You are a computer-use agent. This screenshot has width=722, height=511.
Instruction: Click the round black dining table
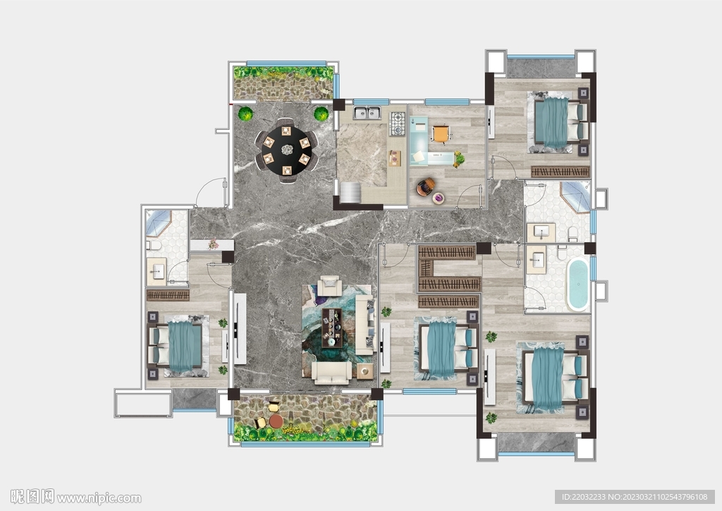click(287, 150)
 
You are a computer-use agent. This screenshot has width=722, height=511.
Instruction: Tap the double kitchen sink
click(367, 112)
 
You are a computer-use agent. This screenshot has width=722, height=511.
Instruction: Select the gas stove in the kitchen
click(398, 124)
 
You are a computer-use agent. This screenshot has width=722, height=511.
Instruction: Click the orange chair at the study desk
click(440, 133)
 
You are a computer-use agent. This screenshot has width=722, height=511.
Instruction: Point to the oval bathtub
click(578, 284)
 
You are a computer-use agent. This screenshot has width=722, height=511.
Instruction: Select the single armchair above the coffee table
click(330, 286)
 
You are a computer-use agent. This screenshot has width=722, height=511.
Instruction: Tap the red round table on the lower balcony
click(276, 421)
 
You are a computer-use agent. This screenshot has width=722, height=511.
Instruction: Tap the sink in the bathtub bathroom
click(536, 260)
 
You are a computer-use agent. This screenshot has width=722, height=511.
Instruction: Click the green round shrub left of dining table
click(245, 114)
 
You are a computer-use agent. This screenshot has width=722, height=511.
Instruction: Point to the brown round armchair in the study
click(426, 186)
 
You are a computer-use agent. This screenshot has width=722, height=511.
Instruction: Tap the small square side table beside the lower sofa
click(365, 371)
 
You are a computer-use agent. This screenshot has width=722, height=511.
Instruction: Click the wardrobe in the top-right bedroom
click(561, 172)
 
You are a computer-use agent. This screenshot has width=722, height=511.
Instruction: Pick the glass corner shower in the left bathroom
click(158, 222)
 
